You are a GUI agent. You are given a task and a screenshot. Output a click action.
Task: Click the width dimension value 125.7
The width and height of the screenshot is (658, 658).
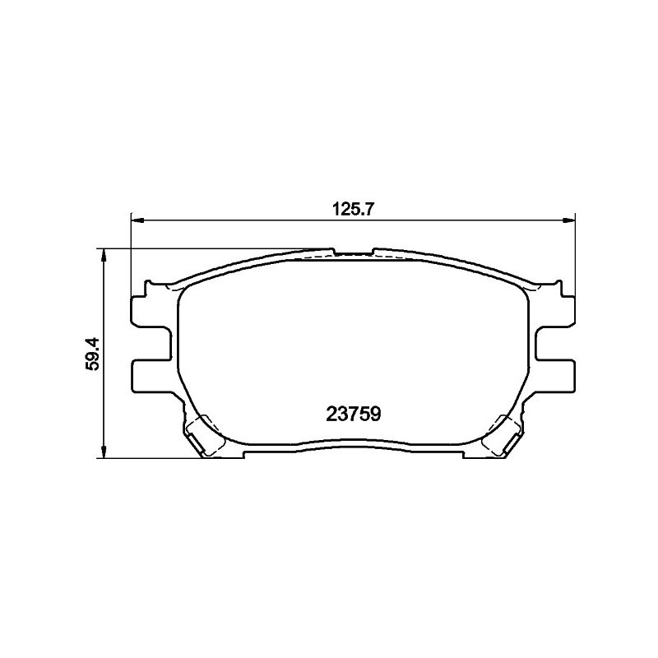[x=353, y=209]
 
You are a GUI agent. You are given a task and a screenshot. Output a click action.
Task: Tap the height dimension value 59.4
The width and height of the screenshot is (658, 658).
[x=92, y=353]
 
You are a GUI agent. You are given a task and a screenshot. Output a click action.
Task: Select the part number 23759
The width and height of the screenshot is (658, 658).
[x=354, y=415]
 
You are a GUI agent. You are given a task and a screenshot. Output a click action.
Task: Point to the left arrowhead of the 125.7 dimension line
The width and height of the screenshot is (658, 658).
[x=137, y=220]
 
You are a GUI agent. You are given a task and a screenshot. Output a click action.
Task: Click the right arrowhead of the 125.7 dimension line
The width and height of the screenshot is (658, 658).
[x=568, y=220]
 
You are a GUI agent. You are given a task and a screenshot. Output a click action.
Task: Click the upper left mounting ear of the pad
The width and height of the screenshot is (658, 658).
[x=151, y=311]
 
